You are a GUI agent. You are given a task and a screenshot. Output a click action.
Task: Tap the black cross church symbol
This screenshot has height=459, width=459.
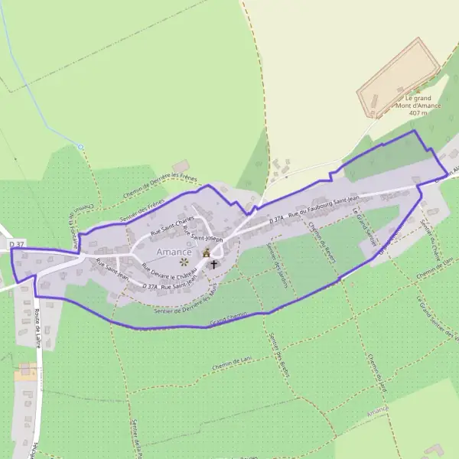tap(213, 265)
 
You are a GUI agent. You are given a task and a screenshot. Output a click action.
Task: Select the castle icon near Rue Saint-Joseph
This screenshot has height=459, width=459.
tap(206, 252)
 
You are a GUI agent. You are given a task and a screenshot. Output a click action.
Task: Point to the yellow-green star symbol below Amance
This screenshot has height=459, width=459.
tap(184, 262)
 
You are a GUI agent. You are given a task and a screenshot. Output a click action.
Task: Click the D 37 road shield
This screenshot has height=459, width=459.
tap(17, 244)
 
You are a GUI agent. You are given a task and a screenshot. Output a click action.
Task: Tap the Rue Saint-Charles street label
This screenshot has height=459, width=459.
tap(173, 226)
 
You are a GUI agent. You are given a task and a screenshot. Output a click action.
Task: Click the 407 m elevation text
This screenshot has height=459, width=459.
tap(418, 112)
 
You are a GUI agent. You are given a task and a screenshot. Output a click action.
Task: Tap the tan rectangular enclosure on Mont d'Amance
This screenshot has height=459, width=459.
tap(400, 73)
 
